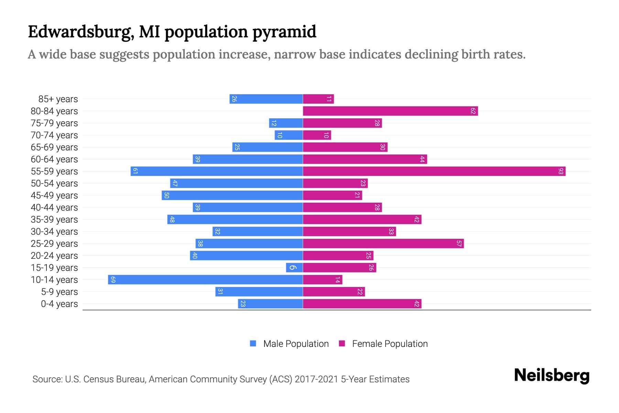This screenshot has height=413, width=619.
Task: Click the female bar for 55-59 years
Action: click(x=434, y=171)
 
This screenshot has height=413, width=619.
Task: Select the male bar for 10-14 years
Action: click(x=205, y=279)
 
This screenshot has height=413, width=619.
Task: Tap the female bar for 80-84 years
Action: click(x=390, y=111)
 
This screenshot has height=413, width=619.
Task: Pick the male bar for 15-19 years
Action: click(x=294, y=267)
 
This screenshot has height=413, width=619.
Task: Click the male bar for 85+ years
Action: click(x=266, y=99)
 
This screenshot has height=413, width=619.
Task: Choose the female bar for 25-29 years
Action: click(x=383, y=243)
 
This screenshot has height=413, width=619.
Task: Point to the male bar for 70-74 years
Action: click(x=289, y=135)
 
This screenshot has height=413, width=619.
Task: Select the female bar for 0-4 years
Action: click(x=362, y=304)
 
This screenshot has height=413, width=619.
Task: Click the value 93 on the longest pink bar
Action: click(x=561, y=171)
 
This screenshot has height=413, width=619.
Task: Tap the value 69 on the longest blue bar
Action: click(x=113, y=279)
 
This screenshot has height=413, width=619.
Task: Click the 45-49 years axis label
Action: click(x=54, y=195)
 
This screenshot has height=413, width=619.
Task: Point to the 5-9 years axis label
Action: click(x=59, y=292)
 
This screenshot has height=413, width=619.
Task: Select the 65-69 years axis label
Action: click(x=54, y=147)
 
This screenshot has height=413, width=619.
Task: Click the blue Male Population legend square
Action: click(x=253, y=343)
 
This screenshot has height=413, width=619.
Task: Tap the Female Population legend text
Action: click(x=390, y=343)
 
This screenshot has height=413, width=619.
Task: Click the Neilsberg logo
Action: click(x=552, y=375)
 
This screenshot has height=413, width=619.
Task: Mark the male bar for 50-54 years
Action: click(x=236, y=183)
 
